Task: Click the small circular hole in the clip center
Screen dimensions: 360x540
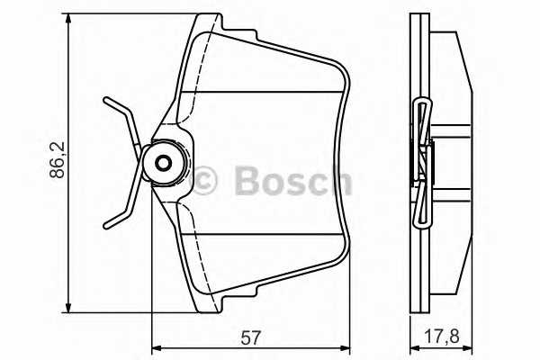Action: point(163,163)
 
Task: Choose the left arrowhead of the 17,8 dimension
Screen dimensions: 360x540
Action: point(414,346)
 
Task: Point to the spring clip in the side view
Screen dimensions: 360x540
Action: point(422,162)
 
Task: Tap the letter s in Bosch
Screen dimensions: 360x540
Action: point(298,181)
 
